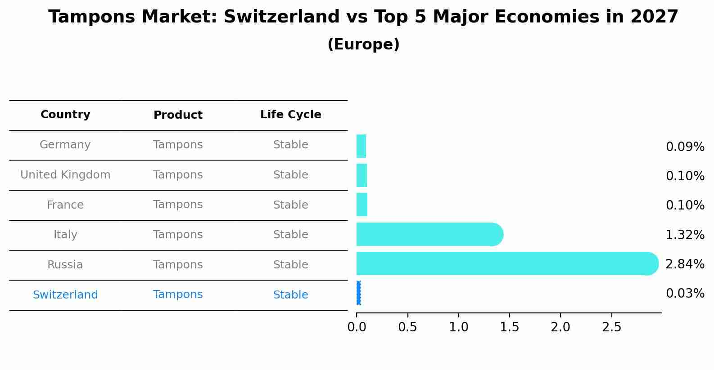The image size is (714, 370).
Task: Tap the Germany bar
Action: coord(361,146)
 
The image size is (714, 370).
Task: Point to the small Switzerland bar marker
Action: coord(358,293)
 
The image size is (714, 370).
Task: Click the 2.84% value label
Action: coord(685,264)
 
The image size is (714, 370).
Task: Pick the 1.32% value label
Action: coord(685,235)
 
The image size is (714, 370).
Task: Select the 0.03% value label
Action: coord(685,294)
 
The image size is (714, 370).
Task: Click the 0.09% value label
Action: coord(685,147)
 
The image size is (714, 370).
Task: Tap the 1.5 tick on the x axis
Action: coord(510,327)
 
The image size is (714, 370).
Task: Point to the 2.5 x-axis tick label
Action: coord(611,327)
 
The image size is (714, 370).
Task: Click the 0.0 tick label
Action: coord(357,327)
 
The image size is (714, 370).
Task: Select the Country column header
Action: coord(65,115)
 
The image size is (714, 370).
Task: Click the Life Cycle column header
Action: coord(290,115)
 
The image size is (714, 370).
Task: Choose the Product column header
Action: coord(178,115)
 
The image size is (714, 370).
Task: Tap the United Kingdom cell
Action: coord(65,175)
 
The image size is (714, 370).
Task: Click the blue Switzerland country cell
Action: coord(65,295)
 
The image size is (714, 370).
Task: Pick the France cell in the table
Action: coord(65,205)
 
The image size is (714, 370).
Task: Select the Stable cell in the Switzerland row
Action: coord(290,295)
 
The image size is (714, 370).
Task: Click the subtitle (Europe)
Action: coord(363,45)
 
